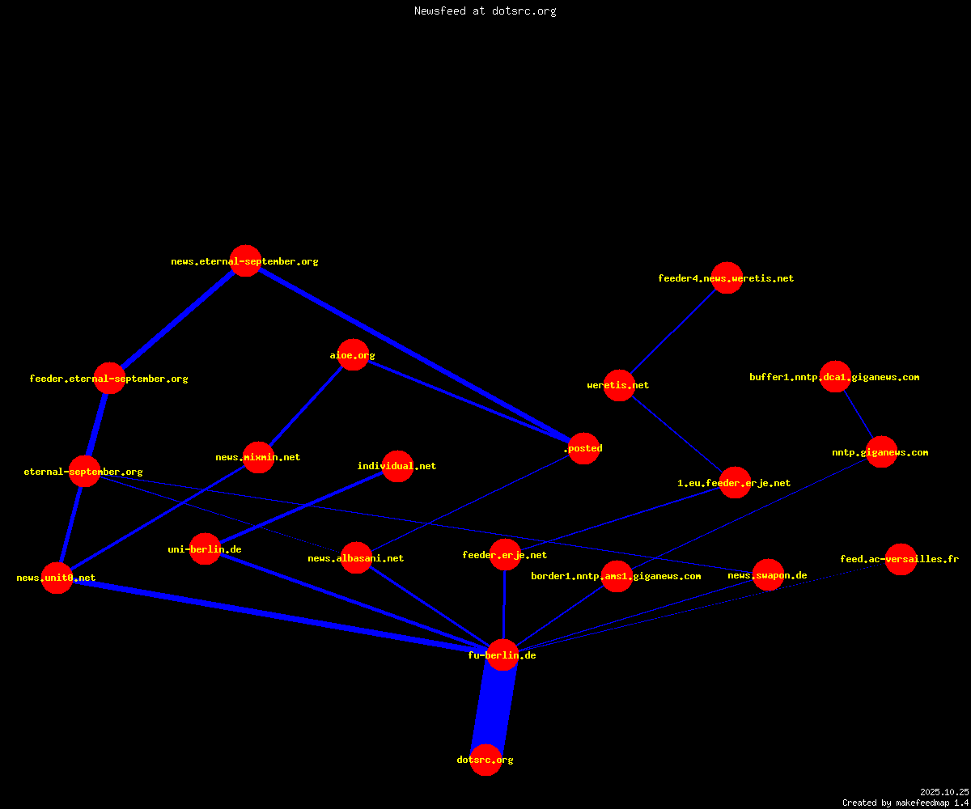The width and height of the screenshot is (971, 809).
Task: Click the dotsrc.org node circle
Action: point(485,760)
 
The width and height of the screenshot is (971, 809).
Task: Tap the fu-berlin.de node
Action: point(502,654)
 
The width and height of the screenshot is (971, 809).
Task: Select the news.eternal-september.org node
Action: point(245,260)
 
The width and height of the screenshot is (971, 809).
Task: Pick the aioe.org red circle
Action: point(353,355)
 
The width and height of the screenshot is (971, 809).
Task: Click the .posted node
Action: point(584,448)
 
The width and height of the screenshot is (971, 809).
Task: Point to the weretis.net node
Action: point(620,385)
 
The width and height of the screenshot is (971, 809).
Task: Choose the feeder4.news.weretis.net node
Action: point(727,278)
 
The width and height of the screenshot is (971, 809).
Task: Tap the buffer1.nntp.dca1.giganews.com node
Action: point(836,377)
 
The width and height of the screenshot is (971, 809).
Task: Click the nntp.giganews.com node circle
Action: point(881,452)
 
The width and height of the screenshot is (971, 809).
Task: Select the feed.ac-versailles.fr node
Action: point(901,559)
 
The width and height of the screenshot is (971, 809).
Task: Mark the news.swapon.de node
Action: point(768,574)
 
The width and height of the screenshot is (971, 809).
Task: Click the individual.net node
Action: point(397,466)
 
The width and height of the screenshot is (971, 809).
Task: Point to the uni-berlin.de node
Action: point(205,549)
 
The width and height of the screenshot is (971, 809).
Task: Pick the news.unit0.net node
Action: point(57,578)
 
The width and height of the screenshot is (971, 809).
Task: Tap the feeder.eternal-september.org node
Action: point(110,378)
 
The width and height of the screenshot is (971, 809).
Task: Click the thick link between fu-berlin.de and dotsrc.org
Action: point(494,707)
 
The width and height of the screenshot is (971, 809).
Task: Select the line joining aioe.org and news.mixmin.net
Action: point(306,406)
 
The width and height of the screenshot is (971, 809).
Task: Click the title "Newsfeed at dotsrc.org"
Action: point(485,11)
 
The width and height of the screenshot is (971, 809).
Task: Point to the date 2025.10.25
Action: point(944,792)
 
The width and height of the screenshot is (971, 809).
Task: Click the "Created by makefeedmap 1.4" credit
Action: point(905,803)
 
